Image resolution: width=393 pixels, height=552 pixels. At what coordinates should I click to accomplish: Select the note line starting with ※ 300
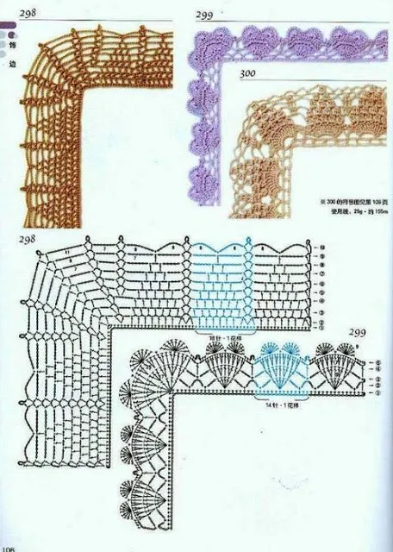[x=352, y=200]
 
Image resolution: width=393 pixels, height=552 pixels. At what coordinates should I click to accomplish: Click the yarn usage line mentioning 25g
[x=352, y=210]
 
